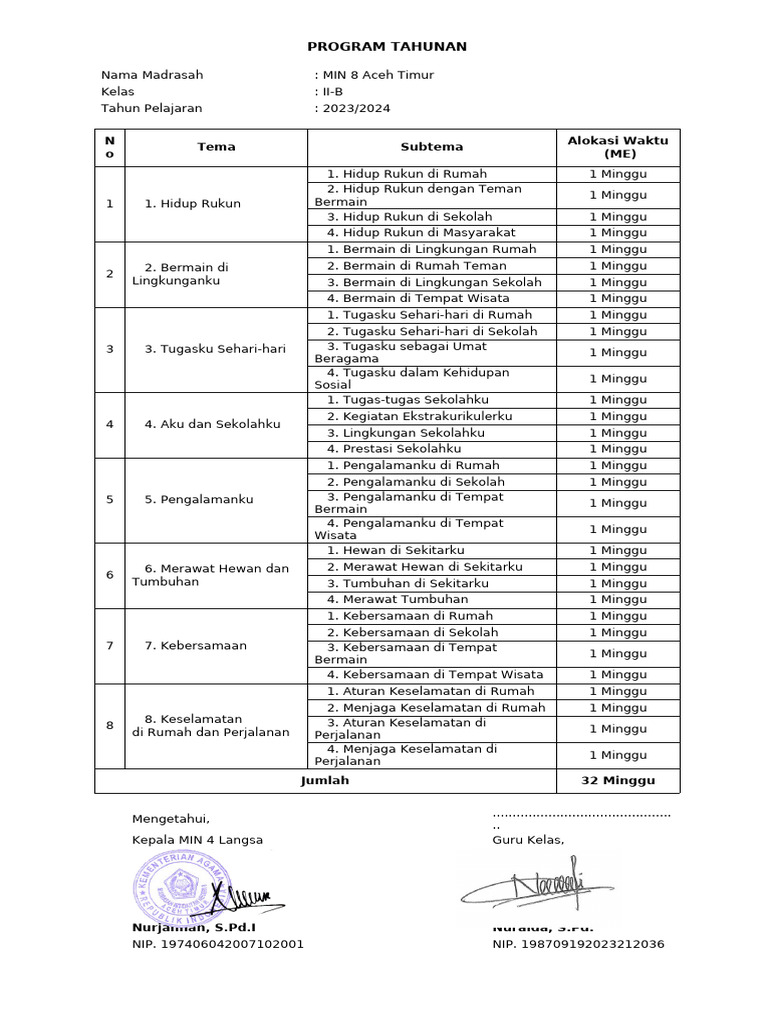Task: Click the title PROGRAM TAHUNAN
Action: click(x=386, y=46)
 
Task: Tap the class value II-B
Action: click(x=332, y=92)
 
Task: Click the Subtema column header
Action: click(x=432, y=147)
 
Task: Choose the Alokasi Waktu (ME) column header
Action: click(x=618, y=147)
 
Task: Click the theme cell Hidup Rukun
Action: click(x=192, y=204)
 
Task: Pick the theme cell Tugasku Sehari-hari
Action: click(x=215, y=349)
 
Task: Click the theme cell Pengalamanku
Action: click(x=198, y=499)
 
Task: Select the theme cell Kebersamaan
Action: click(x=195, y=645)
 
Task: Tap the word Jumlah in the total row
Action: click(x=325, y=780)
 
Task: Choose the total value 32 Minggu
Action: click(x=618, y=780)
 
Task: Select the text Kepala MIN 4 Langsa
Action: click(x=198, y=840)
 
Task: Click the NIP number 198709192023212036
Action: click(x=578, y=944)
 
